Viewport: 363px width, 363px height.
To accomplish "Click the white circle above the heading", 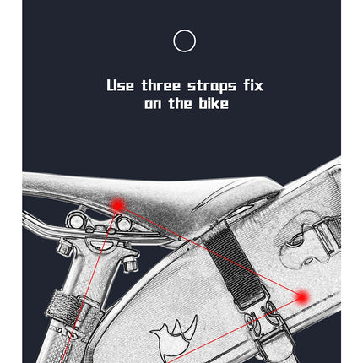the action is [x=184, y=30].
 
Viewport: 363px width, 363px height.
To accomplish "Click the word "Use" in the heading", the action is [x=120, y=85].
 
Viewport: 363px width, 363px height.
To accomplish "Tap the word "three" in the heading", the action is [x=160, y=85].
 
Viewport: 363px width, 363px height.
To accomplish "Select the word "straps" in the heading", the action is [x=212, y=86].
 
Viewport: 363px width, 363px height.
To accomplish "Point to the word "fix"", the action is [x=253, y=85].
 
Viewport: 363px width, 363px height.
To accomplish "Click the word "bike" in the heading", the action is [x=214, y=103].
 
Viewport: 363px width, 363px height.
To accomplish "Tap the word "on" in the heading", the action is [x=153, y=105].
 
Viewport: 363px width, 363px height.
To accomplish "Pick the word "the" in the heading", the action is [x=180, y=103].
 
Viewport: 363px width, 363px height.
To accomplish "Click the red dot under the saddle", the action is [x=118, y=204].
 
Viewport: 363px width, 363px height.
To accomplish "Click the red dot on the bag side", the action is [x=302, y=296].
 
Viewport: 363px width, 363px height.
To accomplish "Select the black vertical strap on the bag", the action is [x=234, y=268].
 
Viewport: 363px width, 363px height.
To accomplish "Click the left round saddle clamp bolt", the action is [x=75, y=220].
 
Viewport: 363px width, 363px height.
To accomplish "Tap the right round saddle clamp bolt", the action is [x=124, y=224].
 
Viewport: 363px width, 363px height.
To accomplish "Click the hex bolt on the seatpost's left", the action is [x=65, y=247].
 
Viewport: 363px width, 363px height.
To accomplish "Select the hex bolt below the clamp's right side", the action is [x=130, y=263].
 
